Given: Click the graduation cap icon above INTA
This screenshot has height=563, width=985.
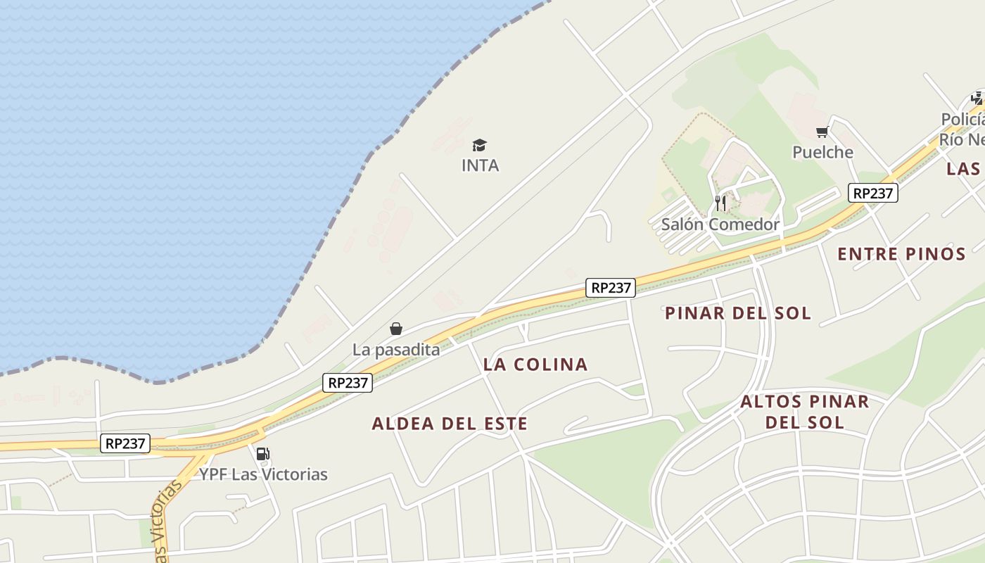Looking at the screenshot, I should (x=479, y=145).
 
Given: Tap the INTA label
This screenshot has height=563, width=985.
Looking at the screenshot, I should (x=480, y=165).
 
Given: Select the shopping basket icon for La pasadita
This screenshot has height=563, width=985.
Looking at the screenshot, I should (x=396, y=329).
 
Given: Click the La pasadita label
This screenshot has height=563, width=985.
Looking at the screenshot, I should (x=395, y=349).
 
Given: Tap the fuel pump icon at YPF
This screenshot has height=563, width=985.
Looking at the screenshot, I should (x=262, y=454).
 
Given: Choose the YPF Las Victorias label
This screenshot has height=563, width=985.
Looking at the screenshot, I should (x=263, y=474).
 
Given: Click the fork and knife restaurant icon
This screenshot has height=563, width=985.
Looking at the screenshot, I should (x=720, y=203).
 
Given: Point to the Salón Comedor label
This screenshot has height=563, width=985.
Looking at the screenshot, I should (x=720, y=224).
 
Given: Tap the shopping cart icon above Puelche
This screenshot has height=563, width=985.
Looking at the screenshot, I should (x=822, y=132).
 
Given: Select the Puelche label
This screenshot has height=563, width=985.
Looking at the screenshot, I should (x=822, y=152).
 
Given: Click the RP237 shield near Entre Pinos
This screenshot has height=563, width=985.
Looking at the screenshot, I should (x=872, y=193).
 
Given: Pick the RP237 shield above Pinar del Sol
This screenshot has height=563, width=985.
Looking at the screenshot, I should (x=610, y=287).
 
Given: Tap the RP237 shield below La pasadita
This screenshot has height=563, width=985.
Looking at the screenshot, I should (x=348, y=383).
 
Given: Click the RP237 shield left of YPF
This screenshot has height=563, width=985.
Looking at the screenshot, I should (x=125, y=443).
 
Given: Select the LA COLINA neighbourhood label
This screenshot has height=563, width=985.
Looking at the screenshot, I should (x=535, y=365).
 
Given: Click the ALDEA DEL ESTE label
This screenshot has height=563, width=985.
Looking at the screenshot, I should (x=450, y=424).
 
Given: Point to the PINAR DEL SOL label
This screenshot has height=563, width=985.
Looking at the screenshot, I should (x=738, y=313).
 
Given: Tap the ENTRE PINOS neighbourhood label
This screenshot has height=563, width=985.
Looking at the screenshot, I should (x=901, y=254).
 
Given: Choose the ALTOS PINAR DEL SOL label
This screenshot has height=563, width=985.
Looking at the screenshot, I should (x=804, y=412).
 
